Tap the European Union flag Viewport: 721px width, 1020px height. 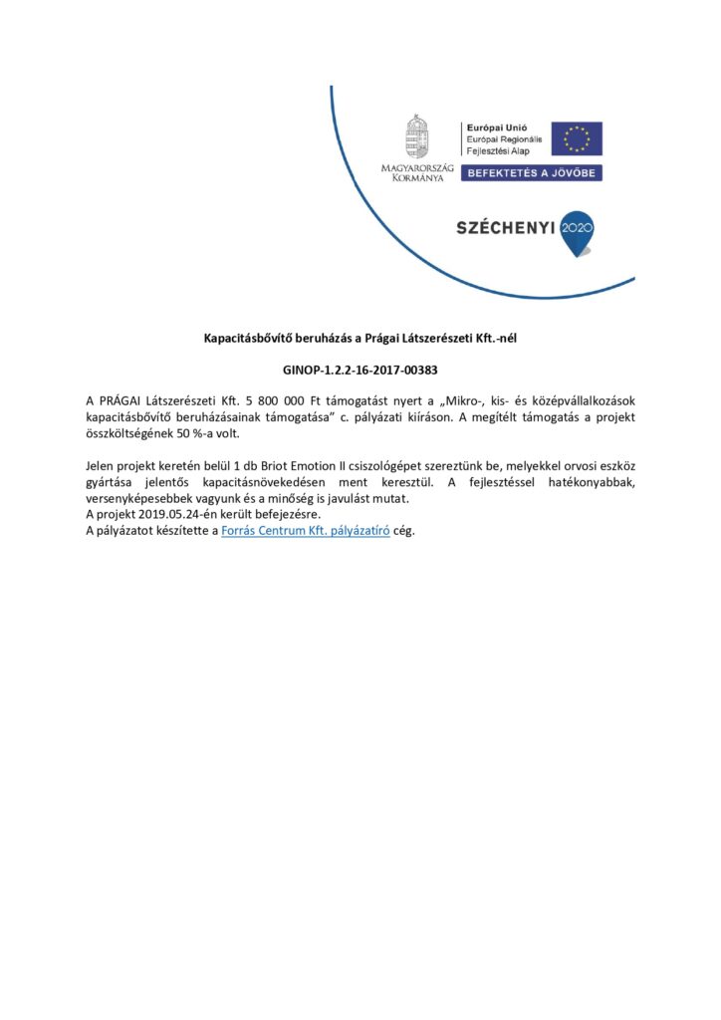(577, 138)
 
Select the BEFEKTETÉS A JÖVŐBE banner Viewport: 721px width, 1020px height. (531, 172)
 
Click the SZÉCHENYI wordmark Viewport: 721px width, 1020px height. (505, 228)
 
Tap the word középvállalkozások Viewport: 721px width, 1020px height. (574, 400)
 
